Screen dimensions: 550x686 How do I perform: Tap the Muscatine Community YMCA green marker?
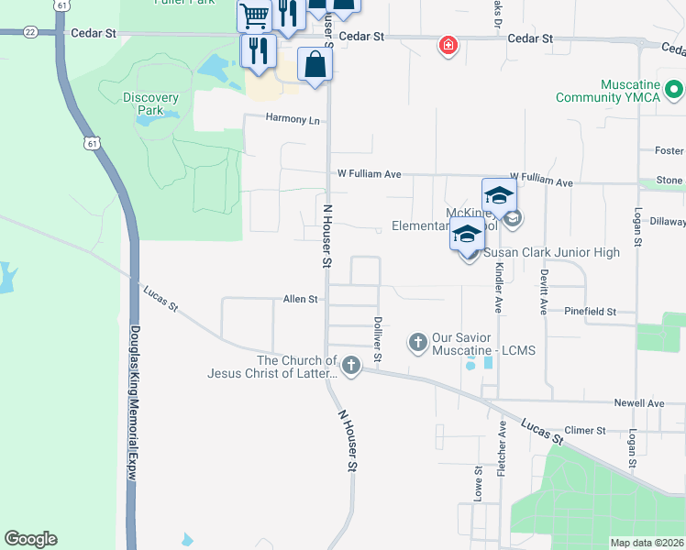(674, 90)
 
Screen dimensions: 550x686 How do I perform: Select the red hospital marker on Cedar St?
(448, 45)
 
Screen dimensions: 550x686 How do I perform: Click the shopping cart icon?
(255, 15)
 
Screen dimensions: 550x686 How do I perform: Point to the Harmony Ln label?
(293, 119)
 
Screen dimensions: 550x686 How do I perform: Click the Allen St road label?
(300, 299)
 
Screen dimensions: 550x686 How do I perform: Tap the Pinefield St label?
(591, 312)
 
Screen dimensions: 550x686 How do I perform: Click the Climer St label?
(586, 430)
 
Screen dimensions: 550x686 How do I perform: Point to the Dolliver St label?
(377, 338)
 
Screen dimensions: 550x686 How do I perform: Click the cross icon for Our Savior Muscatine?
(418, 342)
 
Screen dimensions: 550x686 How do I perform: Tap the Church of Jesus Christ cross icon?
(351, 366)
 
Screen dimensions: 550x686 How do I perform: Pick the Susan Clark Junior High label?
(552, 252)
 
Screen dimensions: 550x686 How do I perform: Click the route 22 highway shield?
(30, 31)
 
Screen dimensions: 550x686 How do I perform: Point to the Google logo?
(30, 539)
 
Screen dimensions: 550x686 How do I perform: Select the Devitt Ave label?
(543, 293)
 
